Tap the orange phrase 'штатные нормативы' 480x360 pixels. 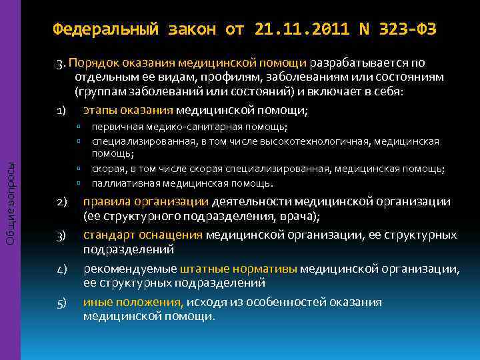click(239, 269)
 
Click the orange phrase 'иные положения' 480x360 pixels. click(133, 302)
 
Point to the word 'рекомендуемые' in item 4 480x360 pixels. click(131, 269)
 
